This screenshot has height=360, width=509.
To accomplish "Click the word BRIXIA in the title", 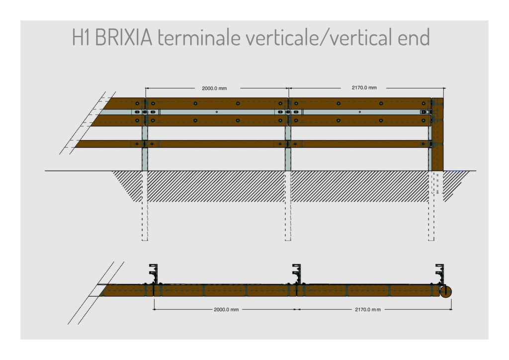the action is pyautogui.click(x=124, y=37).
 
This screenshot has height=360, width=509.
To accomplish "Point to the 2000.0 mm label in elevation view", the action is pyautogui.click(x=214, y=89).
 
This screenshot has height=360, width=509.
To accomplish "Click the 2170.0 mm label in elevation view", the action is pyautogui.click(x=364, y=88).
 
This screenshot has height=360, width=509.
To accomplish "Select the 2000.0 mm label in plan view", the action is pyautogui.click(x=226, y=310).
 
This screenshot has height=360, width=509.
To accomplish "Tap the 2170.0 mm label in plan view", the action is pyautogui.click(x=368, y=310).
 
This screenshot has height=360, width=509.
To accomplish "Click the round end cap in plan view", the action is pyautogui.click(x=446, y=291).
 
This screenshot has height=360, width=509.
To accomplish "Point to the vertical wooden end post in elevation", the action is pyautogui.click(x=437, y=134).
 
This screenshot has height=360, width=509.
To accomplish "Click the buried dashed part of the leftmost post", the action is pyautogui.click(x=145, y=206).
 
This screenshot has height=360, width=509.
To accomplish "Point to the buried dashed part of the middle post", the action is pyautogui.click(x=288, y=206).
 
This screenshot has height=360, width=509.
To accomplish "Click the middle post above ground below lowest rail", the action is pyautogui.click(x=288, y=160).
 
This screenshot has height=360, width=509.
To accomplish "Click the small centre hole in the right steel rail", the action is pyautogui.click(x=360, y=112).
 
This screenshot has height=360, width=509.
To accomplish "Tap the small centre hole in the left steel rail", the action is pyautogui.click(x=217, y=112).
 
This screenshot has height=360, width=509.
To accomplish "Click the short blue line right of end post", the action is pyautogui.click(x=454, y=171).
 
